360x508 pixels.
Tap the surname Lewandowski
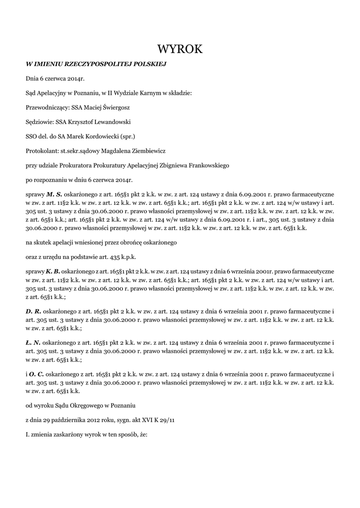pos(108,121)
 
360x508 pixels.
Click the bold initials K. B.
pos(53,271)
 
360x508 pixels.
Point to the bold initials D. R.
pos(33,311)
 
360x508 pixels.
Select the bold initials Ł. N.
pos(33,342)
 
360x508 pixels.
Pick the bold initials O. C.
pos(36,374)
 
